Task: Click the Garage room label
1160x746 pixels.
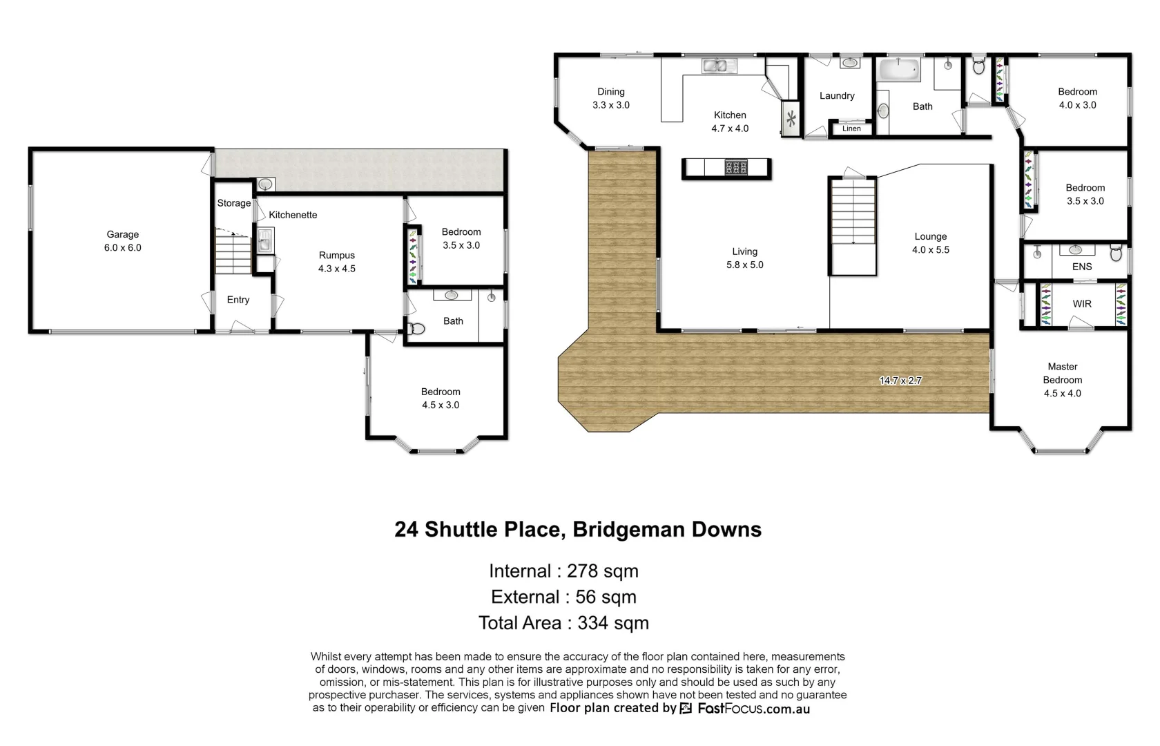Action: pyautogui.click(x=123, y=241)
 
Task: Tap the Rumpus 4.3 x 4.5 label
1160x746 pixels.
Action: pyautogui.click(x=337, y=262)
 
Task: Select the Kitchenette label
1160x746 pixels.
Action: pyautogui.click(x=293, y=215)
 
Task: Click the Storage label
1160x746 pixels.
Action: pyautogui.click(x=234, y=203)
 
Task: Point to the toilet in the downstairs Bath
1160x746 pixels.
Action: pyautogui.click(x=416, y=329)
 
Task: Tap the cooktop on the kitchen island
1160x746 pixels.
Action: pyautogui.click(x=736, y=168)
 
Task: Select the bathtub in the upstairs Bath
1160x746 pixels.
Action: pyautogui.click(x=898, y=69)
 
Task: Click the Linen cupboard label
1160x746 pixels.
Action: pyautogui.click(x=851, y=128)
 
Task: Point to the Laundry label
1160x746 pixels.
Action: pyautogui.click(x=837, y=96)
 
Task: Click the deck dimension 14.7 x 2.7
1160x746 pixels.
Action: pyautogui.click(x=900, y=381)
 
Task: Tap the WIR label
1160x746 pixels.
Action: pyautogui.click(x=1082, y=304)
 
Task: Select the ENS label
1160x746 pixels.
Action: pyautogui.click(x=1082, y=267)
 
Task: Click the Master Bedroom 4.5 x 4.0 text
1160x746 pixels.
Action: pyautogui.click(x=1062, y=380)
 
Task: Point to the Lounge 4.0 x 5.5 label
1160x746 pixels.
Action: pyautogui.click(x=931, y=243)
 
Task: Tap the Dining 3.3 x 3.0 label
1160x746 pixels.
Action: pyautogui.click(x=611, y=98)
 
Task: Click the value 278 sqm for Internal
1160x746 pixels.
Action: pyautogui.click(x=602, y=571)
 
